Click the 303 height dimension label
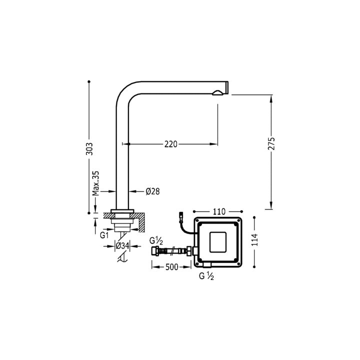pyautogui.click(x=89, y=148)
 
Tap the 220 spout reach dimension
pyautogui.click(x=171, y=144)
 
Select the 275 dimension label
pyautogui.click(x=271, y=143)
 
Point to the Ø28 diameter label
pyautogui.click(x=152, y=191)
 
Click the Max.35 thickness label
pyautogui.click(x=95, y=183)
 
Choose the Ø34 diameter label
pyautogui.click(x=122, y=246)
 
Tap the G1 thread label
pyautogui.click(x=104, y=235)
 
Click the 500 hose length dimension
pyautogui.click(x=171, y=267)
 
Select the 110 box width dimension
pyautogui.click(x=219, y=211)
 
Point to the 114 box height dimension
pyautogui.click(x=254, y=239)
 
